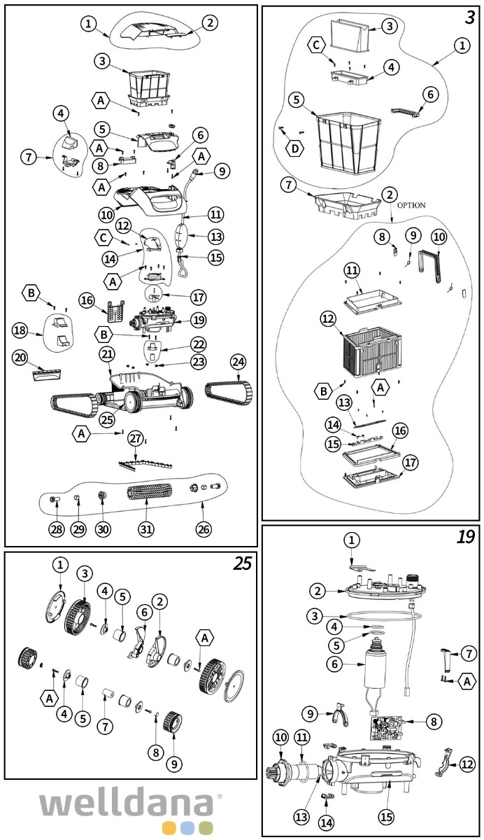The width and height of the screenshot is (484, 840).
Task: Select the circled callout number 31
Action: coord(145,529)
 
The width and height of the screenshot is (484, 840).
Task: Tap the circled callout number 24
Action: coord(239,363)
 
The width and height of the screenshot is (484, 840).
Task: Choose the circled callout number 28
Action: coord(57,529)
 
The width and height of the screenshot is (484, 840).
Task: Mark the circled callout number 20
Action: coord(21,358)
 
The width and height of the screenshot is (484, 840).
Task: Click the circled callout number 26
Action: coord(203,529)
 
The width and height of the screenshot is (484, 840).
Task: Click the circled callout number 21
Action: coord(107,355)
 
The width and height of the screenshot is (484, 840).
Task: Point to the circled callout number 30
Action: coord(103,529)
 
